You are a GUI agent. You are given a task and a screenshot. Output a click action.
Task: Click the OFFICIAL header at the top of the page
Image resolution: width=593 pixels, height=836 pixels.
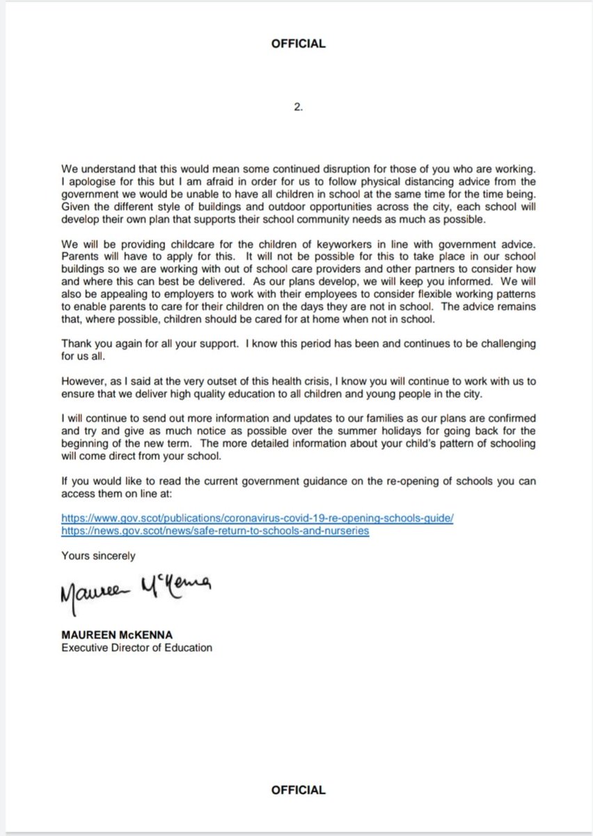point(299,44)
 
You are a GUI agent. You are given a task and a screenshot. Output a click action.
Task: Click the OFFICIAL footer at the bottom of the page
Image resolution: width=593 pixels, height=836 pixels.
point(299,789)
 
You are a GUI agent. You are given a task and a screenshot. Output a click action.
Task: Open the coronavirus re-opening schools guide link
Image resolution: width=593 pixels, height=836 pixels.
point(258,520)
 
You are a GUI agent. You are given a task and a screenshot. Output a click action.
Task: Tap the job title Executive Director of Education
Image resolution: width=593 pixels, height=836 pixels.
point(137,648)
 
